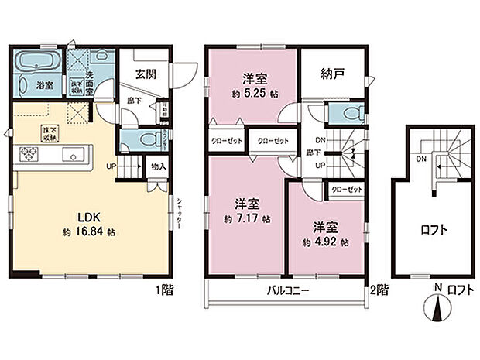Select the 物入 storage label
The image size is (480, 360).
point(157,166)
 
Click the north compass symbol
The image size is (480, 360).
point(437,309)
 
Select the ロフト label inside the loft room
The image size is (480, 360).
point(433,230)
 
